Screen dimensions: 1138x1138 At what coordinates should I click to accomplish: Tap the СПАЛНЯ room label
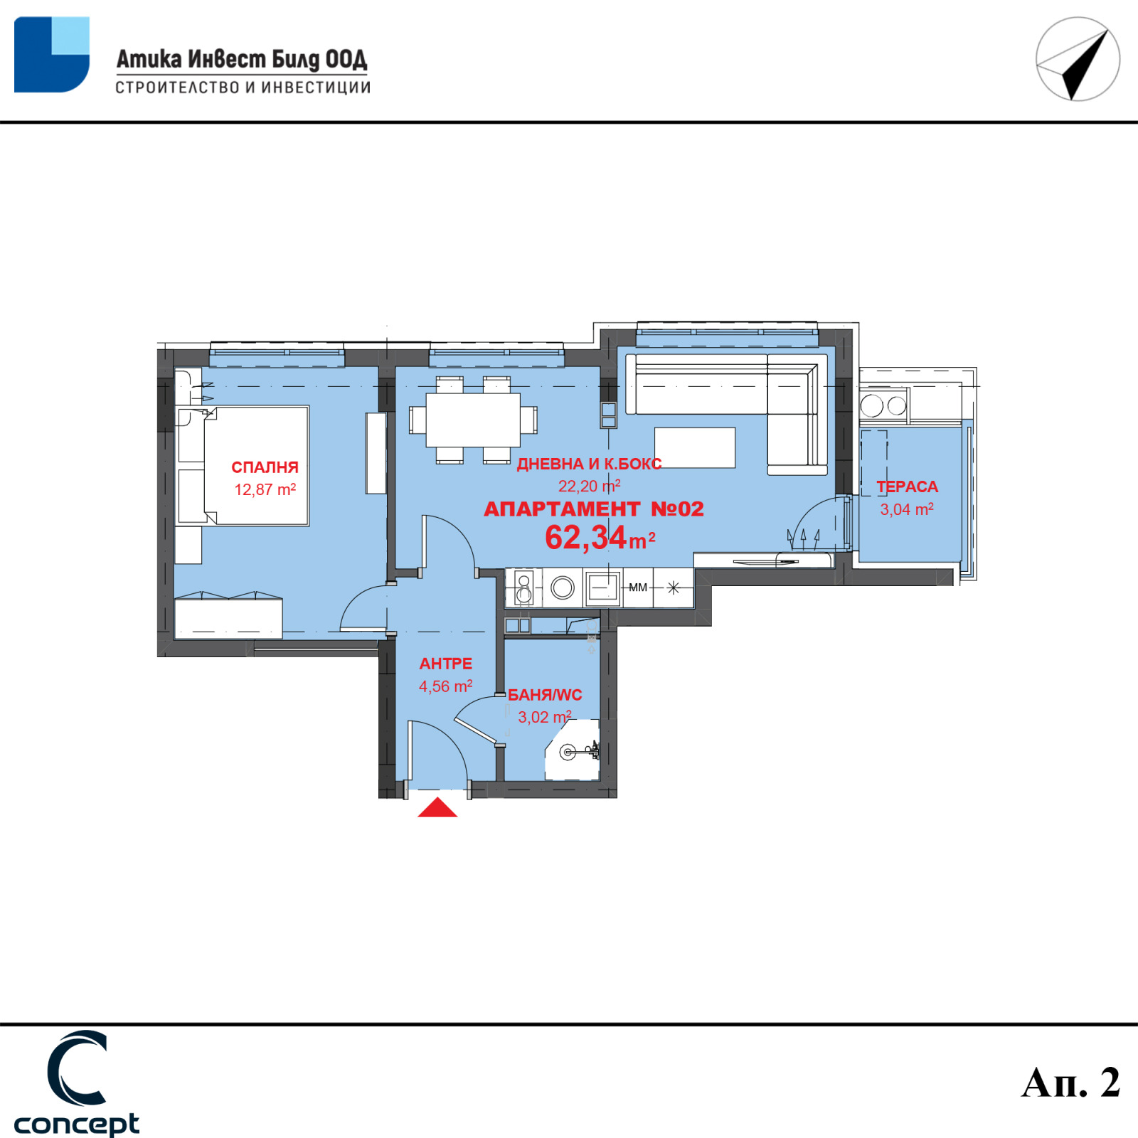tap(265, 467)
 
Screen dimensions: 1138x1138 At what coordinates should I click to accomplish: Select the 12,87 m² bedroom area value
tap(265, 489)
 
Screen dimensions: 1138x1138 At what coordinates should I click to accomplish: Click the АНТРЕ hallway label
tap(446, 664)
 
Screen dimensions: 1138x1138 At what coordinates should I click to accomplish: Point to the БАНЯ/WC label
tap(545, 695)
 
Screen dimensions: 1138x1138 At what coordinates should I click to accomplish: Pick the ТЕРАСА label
tap(907, 486)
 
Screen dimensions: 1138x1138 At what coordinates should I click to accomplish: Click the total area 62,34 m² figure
tap(600, 538)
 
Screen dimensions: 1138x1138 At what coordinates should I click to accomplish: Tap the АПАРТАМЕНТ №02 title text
tap(594, 509)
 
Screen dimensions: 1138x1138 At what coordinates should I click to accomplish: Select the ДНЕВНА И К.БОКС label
tap(589, 464)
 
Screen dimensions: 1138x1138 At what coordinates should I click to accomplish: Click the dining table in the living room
tap(473, 420)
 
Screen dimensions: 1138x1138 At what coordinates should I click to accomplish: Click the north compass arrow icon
tap(1078, 59)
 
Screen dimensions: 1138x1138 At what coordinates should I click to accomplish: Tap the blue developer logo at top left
tap(52, 55)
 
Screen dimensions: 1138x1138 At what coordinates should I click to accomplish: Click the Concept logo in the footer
tap(77, 1083)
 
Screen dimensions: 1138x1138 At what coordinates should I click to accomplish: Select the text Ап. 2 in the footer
tap(1070, 1083)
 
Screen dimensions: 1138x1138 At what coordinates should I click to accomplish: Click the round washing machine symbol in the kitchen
tap(563, 587)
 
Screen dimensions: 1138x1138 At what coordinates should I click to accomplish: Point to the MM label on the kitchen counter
tap(638, 587)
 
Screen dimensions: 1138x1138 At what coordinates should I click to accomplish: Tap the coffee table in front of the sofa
tap(695, 447)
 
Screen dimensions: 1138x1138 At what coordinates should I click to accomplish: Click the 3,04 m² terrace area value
tap(907, 509)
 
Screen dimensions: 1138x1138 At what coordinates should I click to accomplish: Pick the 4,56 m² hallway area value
tap(446, 686)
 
